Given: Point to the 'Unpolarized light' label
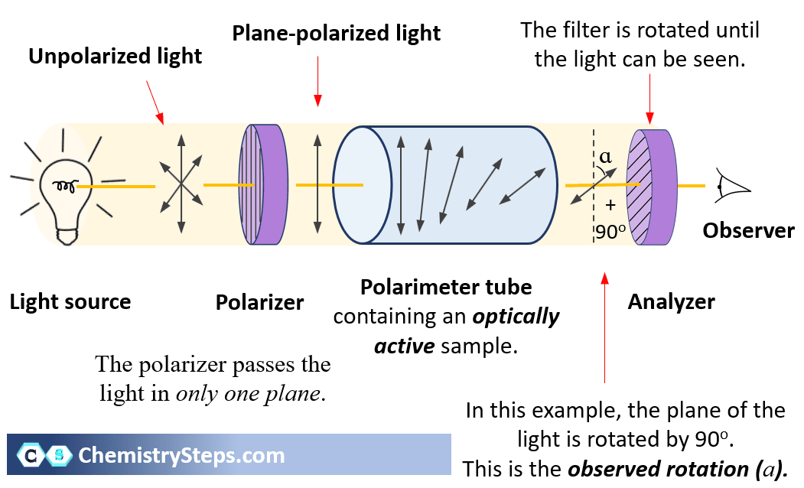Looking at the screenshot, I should pos(116,56).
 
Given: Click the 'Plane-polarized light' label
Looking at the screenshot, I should pos(337,34).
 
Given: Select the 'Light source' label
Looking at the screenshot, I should pos(70,301).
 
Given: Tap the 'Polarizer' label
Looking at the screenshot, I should pos(259,302).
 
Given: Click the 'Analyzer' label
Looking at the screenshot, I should pos(671,302).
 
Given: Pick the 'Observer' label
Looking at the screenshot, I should pos(748,230).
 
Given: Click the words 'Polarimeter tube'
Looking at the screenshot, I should pos(446,287).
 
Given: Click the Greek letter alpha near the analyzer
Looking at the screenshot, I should pos(606,157).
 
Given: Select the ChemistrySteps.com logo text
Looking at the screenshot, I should pos(181,456).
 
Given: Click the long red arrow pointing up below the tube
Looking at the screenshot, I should pos(605,329).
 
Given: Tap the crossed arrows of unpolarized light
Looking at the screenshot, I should pos(181,184).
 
